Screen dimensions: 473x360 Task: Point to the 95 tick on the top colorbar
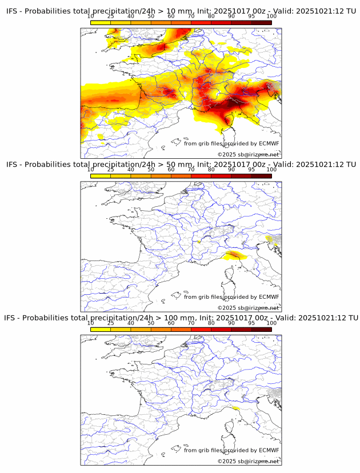251,17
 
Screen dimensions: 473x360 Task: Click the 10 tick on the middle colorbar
91,170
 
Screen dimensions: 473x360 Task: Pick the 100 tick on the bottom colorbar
271,323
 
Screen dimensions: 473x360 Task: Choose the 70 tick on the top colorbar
191,17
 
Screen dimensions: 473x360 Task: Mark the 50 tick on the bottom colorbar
151,323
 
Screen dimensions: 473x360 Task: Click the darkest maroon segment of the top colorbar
261,22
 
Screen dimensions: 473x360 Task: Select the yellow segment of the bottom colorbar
101,329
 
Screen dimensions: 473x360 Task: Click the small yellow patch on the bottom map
235,409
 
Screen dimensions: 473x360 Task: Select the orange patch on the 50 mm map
235,255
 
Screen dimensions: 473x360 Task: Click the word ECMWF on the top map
269,143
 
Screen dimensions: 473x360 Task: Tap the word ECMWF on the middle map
269,296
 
